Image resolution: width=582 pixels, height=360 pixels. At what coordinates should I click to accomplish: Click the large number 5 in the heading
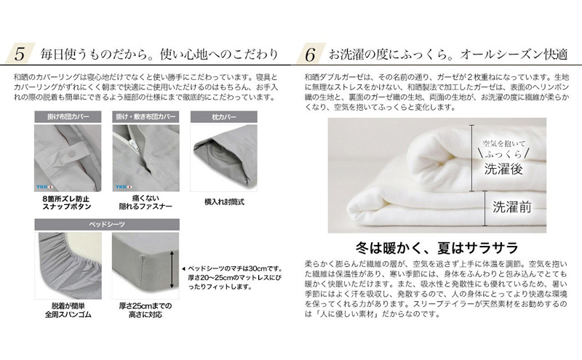click(x=20, y=55)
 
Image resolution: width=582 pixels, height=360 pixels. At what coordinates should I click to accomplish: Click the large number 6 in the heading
click(x=310, y=55)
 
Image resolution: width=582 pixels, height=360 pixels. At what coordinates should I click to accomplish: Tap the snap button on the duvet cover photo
click(x=71, y=153)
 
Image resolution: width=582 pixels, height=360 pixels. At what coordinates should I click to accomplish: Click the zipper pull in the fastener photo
click(x=132, y=142)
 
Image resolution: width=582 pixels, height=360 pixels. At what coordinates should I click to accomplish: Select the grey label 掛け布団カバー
click(x=68, y=117)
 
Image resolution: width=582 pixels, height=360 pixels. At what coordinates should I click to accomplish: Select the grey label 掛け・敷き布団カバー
click(x=146, y=117)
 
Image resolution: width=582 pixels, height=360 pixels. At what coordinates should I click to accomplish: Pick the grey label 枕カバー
click(x=224, y=117)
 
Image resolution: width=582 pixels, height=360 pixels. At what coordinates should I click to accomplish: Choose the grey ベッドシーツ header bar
click(x=107, y=225)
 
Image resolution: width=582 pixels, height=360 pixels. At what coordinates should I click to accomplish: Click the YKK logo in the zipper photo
click(x=123, y=187)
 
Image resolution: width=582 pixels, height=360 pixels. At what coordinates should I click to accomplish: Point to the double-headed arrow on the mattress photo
click(x=172, y=270)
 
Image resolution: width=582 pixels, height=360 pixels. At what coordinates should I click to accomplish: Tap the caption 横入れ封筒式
click(x=224, y=202)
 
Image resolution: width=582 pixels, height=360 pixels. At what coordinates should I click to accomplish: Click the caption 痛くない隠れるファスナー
click(x=145, y=202)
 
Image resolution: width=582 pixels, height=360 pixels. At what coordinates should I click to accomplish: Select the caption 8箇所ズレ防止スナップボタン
click(x=67, y=203)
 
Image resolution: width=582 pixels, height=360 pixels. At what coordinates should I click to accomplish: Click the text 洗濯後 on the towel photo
click(x=503, y=169)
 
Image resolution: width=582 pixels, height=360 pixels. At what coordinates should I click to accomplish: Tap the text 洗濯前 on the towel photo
click(x=512, y=207)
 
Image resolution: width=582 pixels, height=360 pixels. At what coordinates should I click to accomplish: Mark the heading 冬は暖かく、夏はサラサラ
click(x=436, y=248)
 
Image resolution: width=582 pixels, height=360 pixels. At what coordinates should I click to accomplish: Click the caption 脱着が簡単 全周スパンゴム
click(x=68, y=311)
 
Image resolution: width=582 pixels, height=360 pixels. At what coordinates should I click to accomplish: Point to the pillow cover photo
click(x=224, y=158)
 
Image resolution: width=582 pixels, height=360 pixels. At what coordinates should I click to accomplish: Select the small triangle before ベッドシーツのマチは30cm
click(x=183, y=269)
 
